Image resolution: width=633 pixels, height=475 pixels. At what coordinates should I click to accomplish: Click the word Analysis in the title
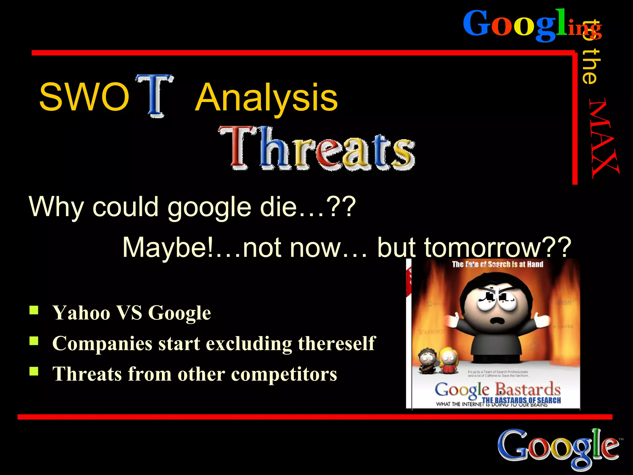pyautogui.click(x=266, y=98)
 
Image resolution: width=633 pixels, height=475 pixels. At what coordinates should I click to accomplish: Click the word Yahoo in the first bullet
pyautogui.click(x=81, y=313)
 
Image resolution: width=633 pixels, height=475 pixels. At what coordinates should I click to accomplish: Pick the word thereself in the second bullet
pyautogui.click(x=337, y=344)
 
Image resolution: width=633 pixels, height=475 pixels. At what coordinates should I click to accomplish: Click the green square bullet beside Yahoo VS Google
pyautogui.click(x=34, y=310)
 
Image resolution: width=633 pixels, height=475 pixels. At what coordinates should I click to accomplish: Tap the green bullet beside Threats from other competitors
pyautogui.click(x=34, y=371)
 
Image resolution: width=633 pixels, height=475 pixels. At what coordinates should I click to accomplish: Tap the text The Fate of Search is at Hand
pyautogui.click(x=497, y=264)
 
